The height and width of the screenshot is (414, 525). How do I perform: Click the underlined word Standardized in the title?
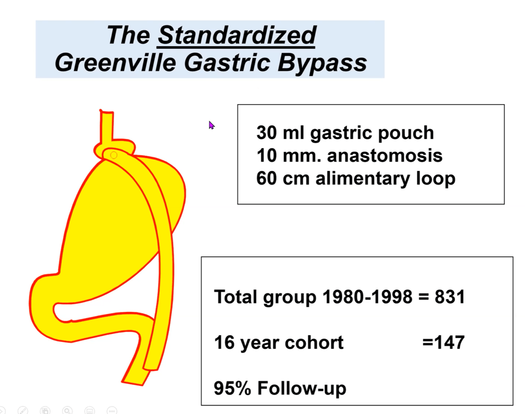pyautogui.click(x=237, y=35)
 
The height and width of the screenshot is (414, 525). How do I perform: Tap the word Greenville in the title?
pyautogui.click(x=115, y=63)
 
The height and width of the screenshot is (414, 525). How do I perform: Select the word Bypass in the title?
pyautogui.click(x=322, y=63)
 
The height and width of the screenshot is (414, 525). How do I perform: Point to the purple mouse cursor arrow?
pyautogui.click(x=211, y=125)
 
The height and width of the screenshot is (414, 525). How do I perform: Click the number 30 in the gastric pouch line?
pyautogui.click(x=267, y=132)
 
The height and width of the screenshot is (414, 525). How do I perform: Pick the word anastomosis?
pyautogui.click(x=385, y=155)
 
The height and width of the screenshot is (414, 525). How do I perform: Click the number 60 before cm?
pyautogui.click(x=267, y=179)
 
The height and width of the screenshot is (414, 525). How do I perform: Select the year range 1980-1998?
pyautogui.click(x=367, y=297)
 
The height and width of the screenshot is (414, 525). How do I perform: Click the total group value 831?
pyautogui.click(x=450, y=297)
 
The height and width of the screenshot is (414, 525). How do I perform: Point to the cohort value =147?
pyautogui.click(x=443, y=342)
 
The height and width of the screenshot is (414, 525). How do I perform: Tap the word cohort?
pyautogui.click(x=314, y=343)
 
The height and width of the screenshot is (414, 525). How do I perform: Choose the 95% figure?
pyautogui.click(x=232, y=388)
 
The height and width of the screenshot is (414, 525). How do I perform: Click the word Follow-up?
pyautogui.click(x=302, y=389)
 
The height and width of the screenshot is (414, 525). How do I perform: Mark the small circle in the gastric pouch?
pyautogui.click(x=114, y=155)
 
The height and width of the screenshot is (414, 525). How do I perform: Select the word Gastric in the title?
pyautogui.click(x=227, y=63)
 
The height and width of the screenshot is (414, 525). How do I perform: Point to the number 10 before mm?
pyautogui.click(x=267, y=155)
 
